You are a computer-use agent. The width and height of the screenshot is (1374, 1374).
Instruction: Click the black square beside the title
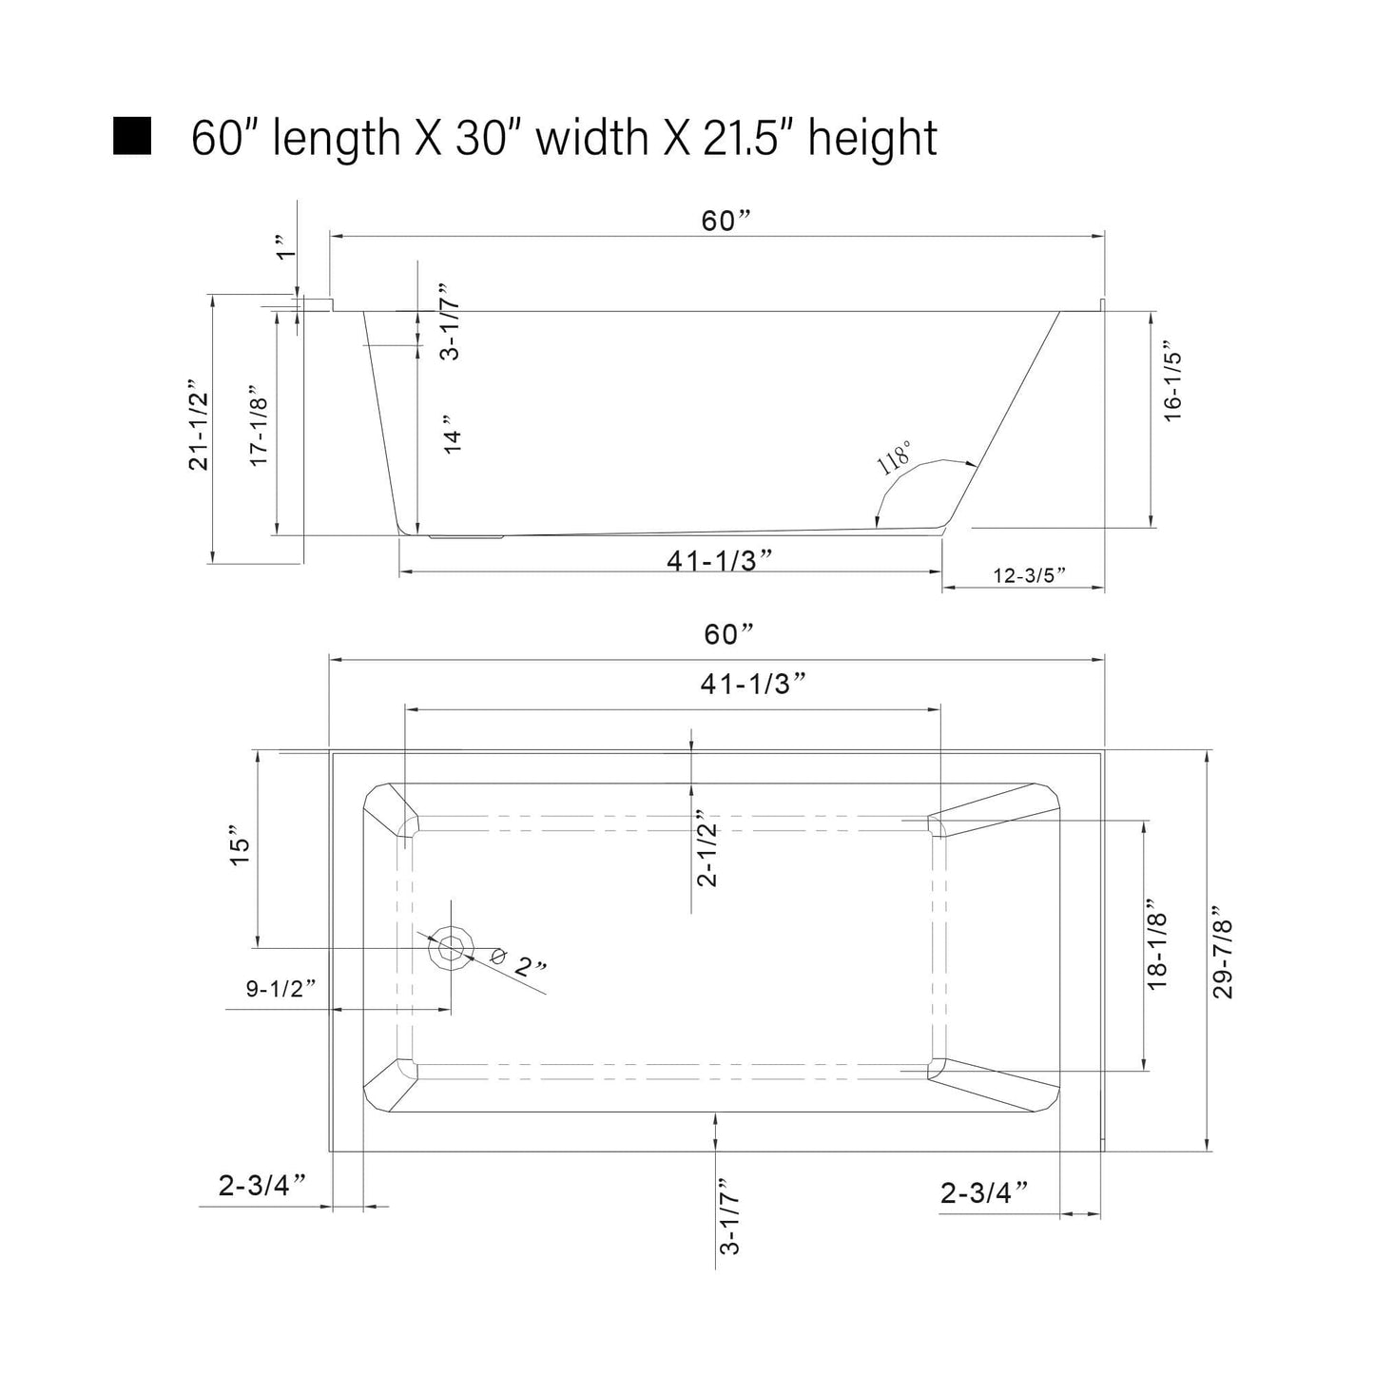tap(132, 136)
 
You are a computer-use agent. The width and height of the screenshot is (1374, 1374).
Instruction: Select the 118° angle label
tap(894, 457)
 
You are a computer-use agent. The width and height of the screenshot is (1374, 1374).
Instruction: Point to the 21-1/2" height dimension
tap(199, 431)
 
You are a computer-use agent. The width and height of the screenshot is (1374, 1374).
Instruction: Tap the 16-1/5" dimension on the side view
tap(1172, 386)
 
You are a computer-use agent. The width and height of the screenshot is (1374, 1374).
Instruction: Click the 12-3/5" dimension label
tap(1029, 574)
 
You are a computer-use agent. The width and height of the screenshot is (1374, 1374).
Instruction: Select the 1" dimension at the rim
tap(285, 246)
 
